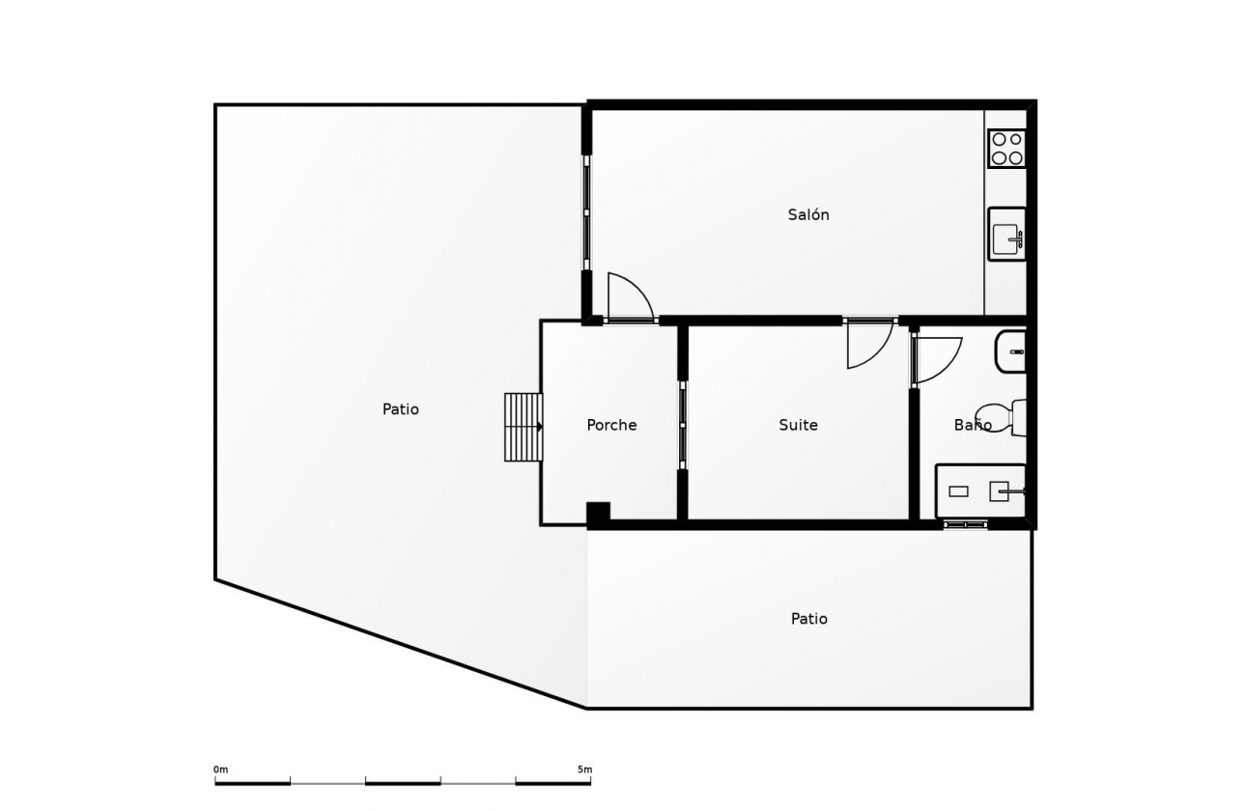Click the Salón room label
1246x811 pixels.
click(x=808, y=215)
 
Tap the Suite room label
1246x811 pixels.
click(x=798, y=425)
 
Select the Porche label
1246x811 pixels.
click(x=611, y=425)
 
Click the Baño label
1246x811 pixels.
click(x=972, y=425)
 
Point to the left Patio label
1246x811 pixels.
click(x=400, y=409)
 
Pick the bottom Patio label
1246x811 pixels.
click(x=808, y=619)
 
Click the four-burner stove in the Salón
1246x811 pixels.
click(x=1006, y=149)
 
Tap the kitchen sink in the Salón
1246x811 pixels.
click(x=1006, y=235)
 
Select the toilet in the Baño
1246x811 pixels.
click(x=1000, y=417)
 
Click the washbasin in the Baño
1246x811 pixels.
click(x=1011, y=351)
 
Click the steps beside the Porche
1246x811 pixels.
click(x=523, y=427)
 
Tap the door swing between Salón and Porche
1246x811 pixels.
click(x=628, y=296)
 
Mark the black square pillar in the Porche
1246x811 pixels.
click(x=598, y=514)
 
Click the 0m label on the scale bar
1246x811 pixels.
click(x=220, y=769)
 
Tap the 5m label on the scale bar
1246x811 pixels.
click(x=584, y=769)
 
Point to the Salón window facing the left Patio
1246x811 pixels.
click(x=586, y=212)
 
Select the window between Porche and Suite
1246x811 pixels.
click(x=682, y=425)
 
